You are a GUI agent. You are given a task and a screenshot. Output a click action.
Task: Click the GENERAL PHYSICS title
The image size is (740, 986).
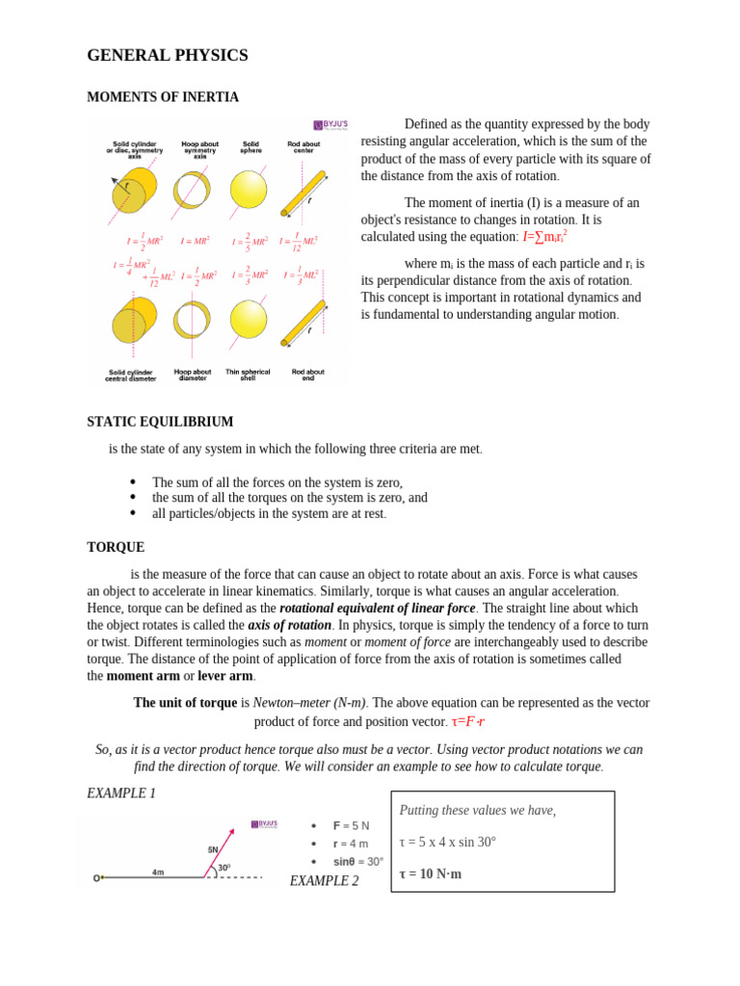coord(168,56)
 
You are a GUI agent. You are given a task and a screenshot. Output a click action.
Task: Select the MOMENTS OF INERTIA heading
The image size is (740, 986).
coord(163,97)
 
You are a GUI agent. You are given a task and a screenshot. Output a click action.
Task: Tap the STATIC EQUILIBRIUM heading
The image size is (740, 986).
coord(160,422)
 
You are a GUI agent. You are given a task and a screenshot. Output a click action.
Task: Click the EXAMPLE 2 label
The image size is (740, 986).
coord(324,881)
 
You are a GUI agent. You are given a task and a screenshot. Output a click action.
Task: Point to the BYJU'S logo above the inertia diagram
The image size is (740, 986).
coord(330,125)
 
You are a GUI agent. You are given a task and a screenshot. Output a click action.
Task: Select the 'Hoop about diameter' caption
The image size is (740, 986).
coord(193,375)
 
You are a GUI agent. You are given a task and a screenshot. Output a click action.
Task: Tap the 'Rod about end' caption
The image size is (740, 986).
coord(307,375)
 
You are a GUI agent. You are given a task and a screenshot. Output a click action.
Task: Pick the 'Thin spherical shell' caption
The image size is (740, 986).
coord(248,375)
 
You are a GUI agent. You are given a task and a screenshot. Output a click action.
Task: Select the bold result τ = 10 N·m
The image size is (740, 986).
coord(431,874)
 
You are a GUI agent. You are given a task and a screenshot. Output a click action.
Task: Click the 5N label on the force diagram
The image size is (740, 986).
coord(213,849)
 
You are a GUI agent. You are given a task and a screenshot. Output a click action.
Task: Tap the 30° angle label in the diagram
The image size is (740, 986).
coord(224,868)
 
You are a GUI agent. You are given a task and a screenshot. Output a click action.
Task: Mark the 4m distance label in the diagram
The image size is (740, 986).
coord(158,872)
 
